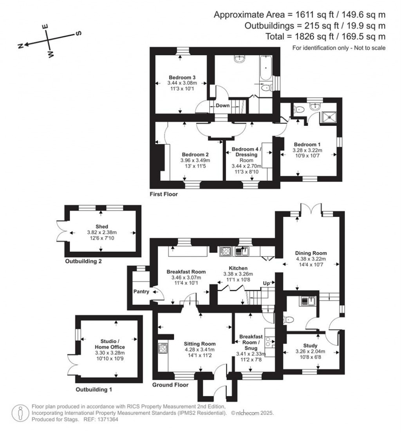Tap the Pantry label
(140, 292)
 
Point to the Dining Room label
(311, 253)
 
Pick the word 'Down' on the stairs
(222, 106)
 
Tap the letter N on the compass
(20, 46)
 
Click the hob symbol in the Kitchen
(226, 251)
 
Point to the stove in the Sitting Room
(163, 348)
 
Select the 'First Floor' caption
(164, 194)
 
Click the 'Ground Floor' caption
(170, 385)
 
